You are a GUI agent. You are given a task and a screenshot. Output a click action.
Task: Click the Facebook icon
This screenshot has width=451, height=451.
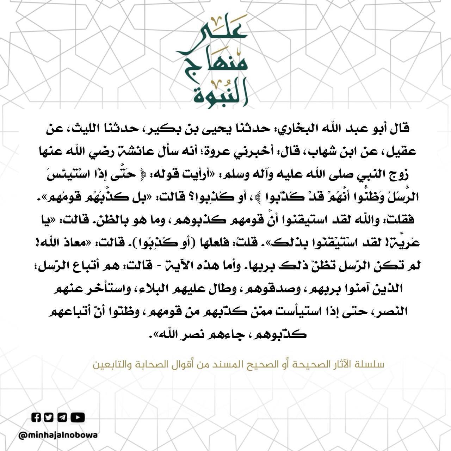(37, 418)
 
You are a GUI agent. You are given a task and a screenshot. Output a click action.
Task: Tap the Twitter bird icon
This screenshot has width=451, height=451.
(49, 418)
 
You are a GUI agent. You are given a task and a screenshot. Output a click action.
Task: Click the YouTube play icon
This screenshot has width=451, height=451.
(78, 418)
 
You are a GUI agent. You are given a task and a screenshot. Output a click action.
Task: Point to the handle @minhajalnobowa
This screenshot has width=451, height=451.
(58, 435)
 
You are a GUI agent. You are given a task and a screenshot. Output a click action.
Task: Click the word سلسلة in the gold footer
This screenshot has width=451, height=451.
(372, 365)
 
